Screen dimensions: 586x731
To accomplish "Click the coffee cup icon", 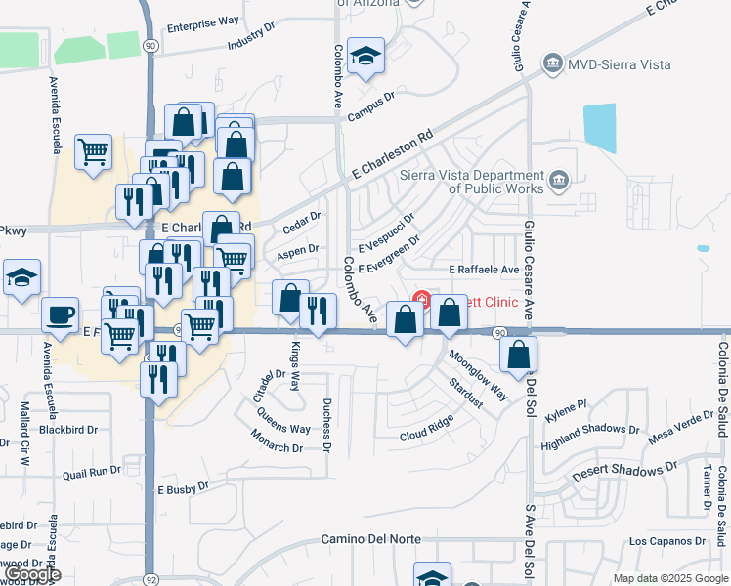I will coord(61,315).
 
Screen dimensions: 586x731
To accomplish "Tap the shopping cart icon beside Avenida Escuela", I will coord(93,151).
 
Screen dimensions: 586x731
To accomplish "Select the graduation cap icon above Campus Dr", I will coord(366,56).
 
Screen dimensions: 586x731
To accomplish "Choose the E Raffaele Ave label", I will coord(483,269).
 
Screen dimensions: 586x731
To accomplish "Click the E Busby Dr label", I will coord(184,488).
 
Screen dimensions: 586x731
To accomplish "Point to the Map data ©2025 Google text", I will coord(669,578).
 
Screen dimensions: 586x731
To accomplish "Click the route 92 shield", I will coord(148,577).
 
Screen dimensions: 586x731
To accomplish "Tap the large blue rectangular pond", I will coord(600,127).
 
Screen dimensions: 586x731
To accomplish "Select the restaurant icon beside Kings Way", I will coord(318,312).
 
